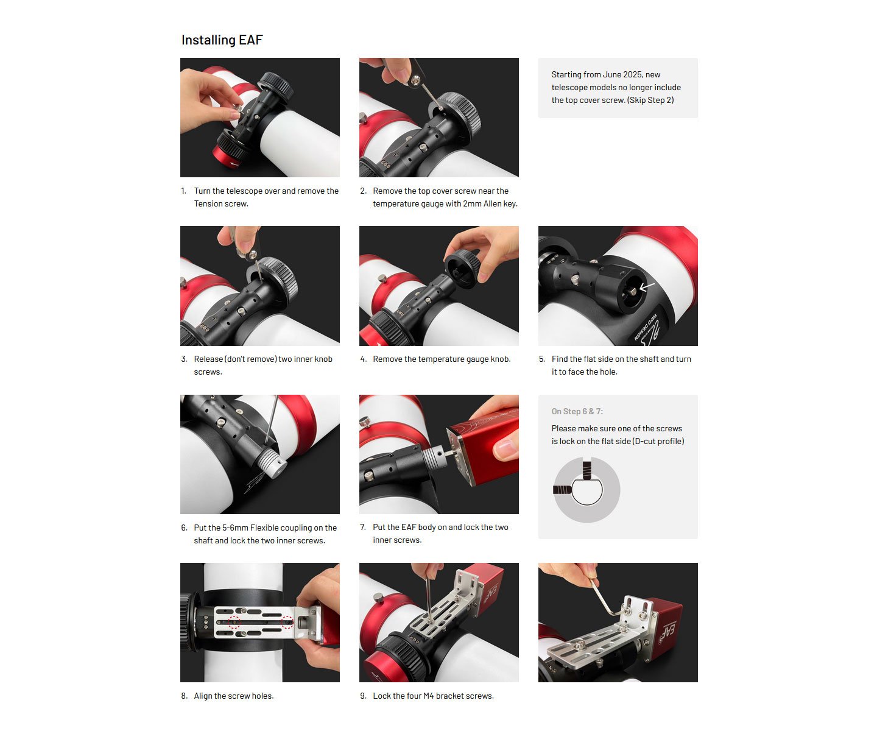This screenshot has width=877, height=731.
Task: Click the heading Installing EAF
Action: (222, 40)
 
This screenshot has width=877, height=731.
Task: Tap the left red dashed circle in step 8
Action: (234, 621)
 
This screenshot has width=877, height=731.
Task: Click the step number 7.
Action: (363, 527)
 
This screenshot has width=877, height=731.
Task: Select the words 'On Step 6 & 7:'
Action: (577, 411)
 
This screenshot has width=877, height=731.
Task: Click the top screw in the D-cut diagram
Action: (586, 470)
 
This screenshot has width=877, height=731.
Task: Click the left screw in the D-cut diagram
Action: (562, 489)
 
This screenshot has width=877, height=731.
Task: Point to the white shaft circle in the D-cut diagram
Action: (586, 490)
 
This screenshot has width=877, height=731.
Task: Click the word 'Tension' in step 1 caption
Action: (208, 203)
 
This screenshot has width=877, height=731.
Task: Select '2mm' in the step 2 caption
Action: (471, 203)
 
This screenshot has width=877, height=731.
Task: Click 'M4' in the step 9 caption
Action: (428, 696)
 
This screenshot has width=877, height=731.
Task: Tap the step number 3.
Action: (184, 359)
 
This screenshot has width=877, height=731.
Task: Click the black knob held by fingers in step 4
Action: (462, 268)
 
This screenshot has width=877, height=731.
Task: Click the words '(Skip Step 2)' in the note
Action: (650, 100)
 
